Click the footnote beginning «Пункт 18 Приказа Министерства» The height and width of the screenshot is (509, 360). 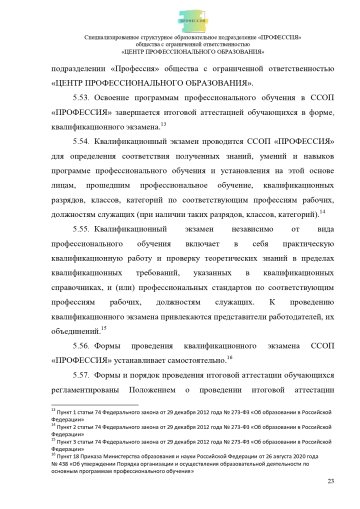180,457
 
